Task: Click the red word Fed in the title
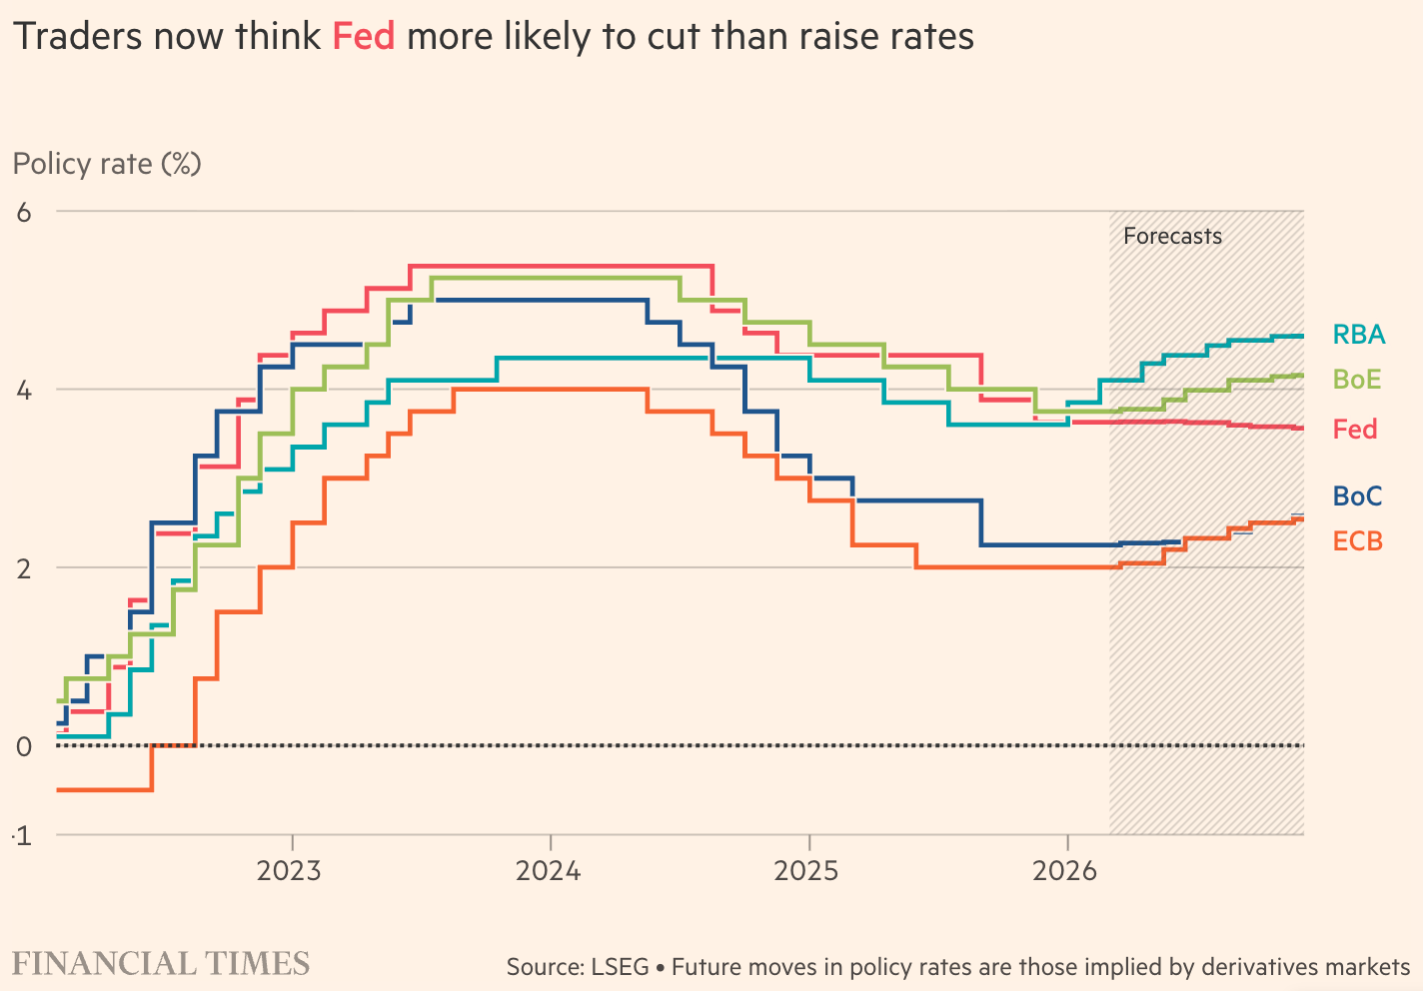pyautogui.click(x=363, y=37)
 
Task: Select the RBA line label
pyautogui.click(x=1359, y=335)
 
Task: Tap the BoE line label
pyautogui.click(x=1357, y=380)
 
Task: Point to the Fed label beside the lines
pyautogui.click(x=1355, y=430)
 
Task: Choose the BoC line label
pyautogui.click(x=1357, y=495)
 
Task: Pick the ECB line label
pyautogui.click(x=1358, y=541)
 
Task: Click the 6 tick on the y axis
pyautogui.click(x=24, y=212)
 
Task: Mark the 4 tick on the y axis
pyautogui.click(x=24, y=390)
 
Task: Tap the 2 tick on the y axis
pyautogui.click(x=24, y=567)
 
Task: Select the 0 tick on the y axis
pyautogui.click(x=24, y=746)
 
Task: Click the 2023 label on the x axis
pyautogui.click(x=290, y=871)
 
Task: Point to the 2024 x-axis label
pyautogui.click(x=549, y=871)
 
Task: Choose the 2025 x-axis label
pyautogui.click(x=807, y=871)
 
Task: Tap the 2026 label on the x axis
pyautogui.click(x=1065, y=871)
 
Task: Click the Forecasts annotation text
pyautogui.click(x=1172, y=237)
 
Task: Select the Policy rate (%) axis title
pyautogui.click(x=107, y=164)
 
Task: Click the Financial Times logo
pyautogui.click(x=161, y=964)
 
